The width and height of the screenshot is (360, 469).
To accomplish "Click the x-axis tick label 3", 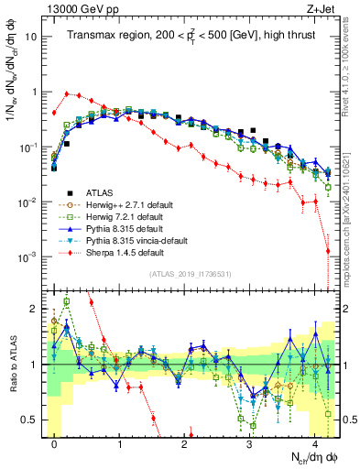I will (249, 443).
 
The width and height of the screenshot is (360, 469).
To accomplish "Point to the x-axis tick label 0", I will (55, 443).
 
